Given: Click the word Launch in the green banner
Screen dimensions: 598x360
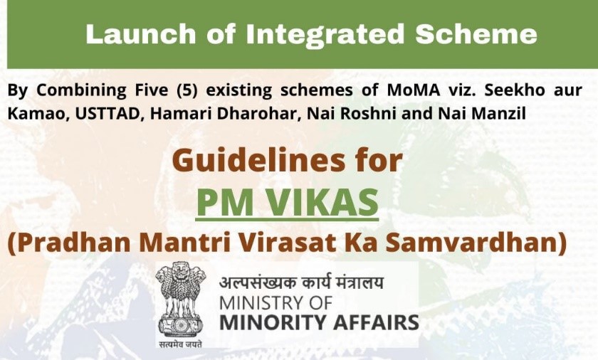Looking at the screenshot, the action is pyautogui.click(x=141, y=34).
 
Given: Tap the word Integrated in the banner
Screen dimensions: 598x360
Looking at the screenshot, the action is pyautogui.click(x=325, y=34).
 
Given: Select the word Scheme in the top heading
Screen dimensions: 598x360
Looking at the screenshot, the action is pyautogui.click(x=476, y=34).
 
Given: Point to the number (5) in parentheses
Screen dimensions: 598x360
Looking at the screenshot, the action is pyautogui.click(x=187, y=90).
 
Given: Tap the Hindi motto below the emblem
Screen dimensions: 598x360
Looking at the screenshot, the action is pyautogui.click(x=179, y=344).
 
